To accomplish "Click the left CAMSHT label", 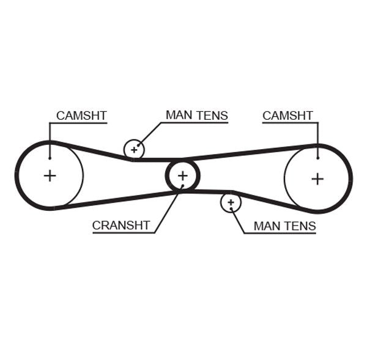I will [x=81, y=116].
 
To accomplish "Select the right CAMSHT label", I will [x=287, y=116].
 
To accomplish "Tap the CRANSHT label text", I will [x=120, y=225].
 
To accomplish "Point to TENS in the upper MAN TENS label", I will [x=212, y=115].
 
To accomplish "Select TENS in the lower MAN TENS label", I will [x=300, y=226].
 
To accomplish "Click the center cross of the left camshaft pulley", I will [x=50, y=176].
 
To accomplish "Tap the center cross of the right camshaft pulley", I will [x=317, y=178].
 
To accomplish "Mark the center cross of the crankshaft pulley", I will [x=182, y=176].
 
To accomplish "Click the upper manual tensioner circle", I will [x=134, y=149].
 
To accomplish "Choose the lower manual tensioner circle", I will [x=231, y=202].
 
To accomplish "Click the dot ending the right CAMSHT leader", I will [x=317, y=158].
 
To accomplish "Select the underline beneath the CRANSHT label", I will [x=122, y=232].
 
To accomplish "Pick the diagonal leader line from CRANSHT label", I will [x=166, y=211].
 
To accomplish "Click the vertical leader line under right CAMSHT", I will [x=317, y=139].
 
